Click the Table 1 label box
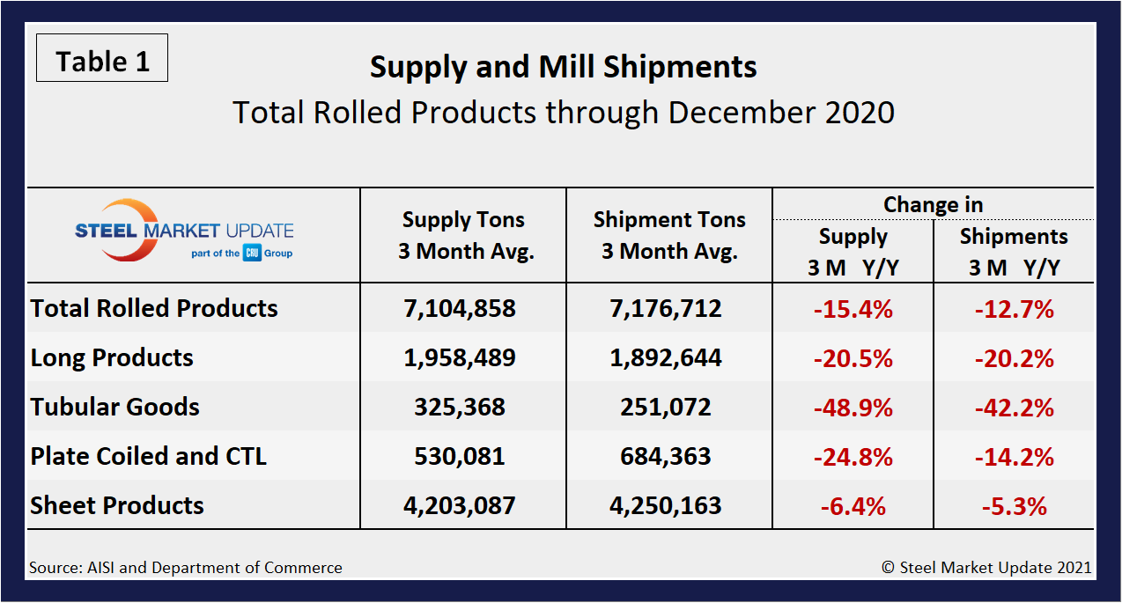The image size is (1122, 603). (x=102, y=61)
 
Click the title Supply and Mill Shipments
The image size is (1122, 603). (x=563, y=67)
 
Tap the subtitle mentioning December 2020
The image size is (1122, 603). (x=563, y=113)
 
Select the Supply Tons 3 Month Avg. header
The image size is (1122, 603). (x=463, y=235)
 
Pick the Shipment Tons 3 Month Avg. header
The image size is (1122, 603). (x=669, y=235)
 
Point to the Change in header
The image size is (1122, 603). (x=933, y=204)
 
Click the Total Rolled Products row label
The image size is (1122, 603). (x=154, y=308)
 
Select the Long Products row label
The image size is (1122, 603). (x=112, y=357)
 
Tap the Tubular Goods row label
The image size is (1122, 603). (x=114, y=407)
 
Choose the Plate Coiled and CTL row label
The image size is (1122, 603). (x=148, y=456)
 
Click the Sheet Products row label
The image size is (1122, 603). (x=117, y=505)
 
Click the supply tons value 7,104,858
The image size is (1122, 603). (x=463, y=308)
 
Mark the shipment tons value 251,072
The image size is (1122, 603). (x=669, y=407)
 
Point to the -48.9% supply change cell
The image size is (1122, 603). (x=853, y=407)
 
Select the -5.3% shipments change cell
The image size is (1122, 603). (x=1014, y=505)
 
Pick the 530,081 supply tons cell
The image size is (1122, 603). (x=463, y=456)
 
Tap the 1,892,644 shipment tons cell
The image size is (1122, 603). (x=669, y=357)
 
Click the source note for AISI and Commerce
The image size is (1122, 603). (x=186, y=568)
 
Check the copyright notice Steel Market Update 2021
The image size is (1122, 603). (x=986, y=568)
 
